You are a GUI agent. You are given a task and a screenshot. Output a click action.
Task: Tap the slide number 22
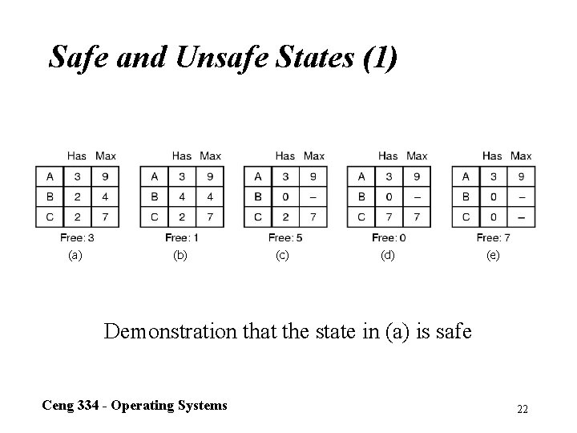point(523,410)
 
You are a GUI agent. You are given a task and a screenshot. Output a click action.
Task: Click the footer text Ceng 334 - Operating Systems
point(135,405)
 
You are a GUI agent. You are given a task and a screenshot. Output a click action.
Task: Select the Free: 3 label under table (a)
point(77,237)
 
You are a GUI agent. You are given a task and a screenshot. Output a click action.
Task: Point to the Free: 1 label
point(182,237)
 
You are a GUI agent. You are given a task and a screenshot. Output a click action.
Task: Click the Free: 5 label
point(285,237)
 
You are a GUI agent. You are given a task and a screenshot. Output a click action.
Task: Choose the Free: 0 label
point(389,237)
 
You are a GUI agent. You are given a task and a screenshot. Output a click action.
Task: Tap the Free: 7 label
point(494,237)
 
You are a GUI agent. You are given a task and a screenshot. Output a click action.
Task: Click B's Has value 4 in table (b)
point(182,196)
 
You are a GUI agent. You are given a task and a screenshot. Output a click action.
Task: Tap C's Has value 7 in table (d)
point(388,216)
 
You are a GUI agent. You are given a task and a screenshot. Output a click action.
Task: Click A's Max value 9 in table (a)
point(105,176)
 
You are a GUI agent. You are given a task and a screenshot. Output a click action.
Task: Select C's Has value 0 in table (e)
point(492,216)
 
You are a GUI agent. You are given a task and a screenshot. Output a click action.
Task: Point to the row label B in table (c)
point(257,196)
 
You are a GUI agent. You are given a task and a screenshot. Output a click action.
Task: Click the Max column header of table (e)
point(521,156)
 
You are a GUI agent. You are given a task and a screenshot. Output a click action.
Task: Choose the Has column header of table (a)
point(77,156)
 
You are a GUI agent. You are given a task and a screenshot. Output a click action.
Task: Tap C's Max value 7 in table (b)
point(210,216)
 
